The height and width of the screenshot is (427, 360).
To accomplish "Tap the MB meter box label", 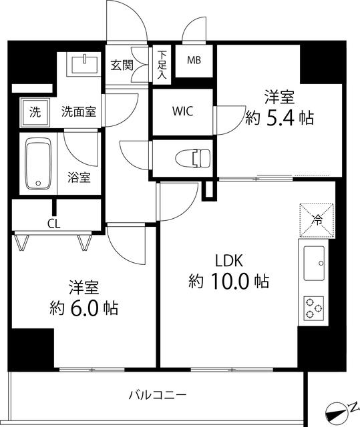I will pyautogui.click(x=194, y=61).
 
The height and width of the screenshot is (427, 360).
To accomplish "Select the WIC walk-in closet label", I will pyautogui.click(x=182, y=111).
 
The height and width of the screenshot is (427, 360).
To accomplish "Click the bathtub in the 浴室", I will pyautogui.click(x=37, y=164).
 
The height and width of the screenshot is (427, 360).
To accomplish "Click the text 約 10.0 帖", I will pyautogui.click(x=228, y=282).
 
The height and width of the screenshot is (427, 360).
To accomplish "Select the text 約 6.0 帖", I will pyautogui.click(x=84, y=309).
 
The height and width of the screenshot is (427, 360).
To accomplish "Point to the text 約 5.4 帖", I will pyautogui.click(x=280, y=118).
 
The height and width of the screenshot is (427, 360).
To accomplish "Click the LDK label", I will pyautogui.click(x=228, y=260).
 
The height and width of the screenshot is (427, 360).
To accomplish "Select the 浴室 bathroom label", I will pyautogui.click(x=79, y=177).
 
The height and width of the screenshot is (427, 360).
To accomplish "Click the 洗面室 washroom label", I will pyautogui.click(x=79, y=111).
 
